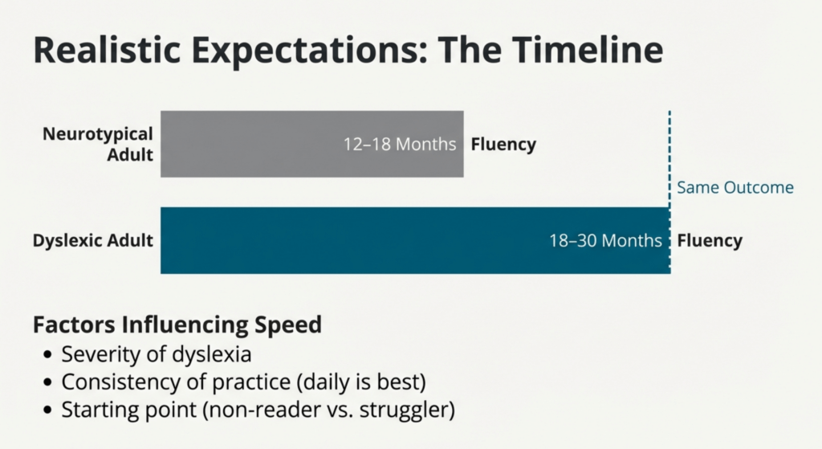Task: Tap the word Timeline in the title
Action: tap(588, 50)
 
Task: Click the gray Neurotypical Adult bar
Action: tap(312, 144)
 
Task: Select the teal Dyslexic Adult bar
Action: tap(415, 240)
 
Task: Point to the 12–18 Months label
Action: tap(400, 144)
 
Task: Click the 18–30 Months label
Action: tap(605, 240)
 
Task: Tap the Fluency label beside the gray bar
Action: tap(503, 145)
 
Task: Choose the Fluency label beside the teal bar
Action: tap(710, 241)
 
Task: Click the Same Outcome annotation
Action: tap(735, 187)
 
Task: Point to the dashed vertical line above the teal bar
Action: tap(669, 159)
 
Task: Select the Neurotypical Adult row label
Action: tap(98, 145)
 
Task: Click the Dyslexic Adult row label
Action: tap(93, 241)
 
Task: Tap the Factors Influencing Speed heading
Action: tap(177, 325)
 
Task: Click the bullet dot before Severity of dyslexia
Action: tap(48, 355)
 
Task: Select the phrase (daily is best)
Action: tap(361, 382)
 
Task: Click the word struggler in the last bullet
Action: tap(407, 410)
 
